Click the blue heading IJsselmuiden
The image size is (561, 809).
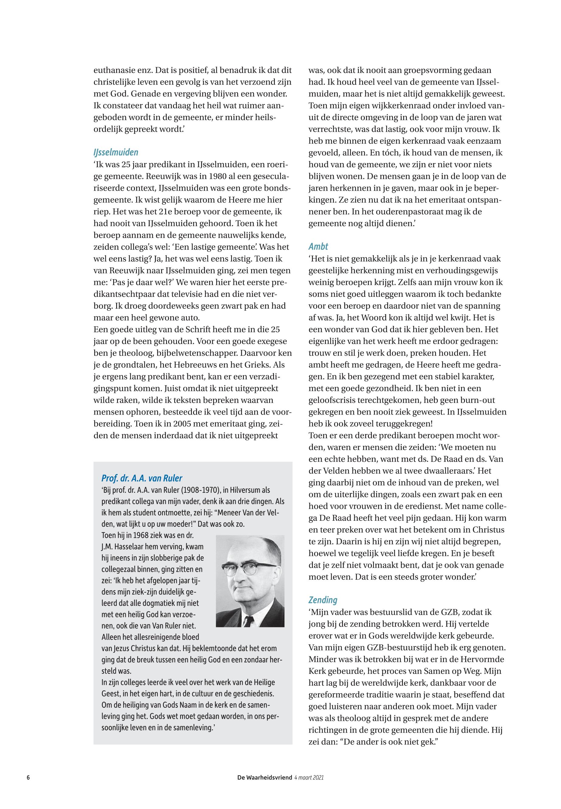click(116, 152)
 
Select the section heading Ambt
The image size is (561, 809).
click(318, 246)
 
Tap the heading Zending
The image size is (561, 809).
click(323, 600)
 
